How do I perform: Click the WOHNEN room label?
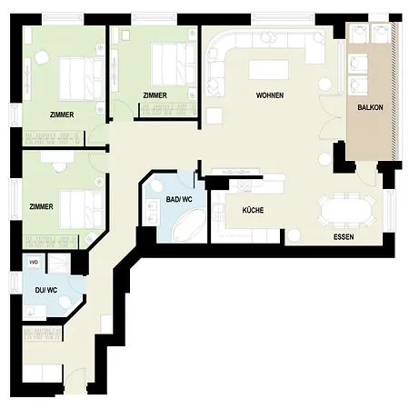[270, 95]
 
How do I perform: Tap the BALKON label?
[369, 105]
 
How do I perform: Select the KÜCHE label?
[253, 210]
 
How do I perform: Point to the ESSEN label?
[344, 238]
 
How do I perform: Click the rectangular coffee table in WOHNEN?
[268, 70]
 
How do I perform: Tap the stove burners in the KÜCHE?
[243, 187]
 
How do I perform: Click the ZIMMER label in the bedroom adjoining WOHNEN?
[155, 95]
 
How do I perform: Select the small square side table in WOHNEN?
[214, 116]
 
